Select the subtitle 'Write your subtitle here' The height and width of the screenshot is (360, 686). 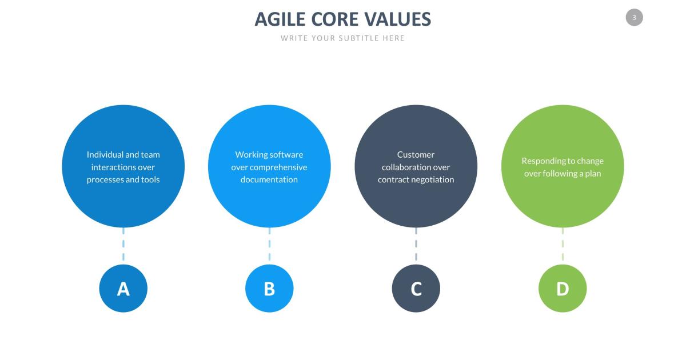[x=342, y=38]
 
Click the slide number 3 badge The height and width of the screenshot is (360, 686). [x=634, y=18]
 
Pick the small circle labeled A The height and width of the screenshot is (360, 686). [x=123, y=289]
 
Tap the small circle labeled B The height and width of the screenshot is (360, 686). [x=269, y=289]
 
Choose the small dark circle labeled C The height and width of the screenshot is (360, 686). [x=416, y=289]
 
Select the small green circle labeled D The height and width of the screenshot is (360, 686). [x=563, y=289]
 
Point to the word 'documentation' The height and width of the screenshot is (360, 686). [x=269, y=179]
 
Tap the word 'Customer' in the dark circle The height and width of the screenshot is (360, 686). [x=416, y=154]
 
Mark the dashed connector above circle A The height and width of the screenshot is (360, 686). [x=123, y=245]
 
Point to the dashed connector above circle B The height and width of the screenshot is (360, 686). [x=269, y=245]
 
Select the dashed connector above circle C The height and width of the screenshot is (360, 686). [x=416, y=245]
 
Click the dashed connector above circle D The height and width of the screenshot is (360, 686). [x=563, y=245]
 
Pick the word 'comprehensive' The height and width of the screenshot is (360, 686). [x=278, y=167]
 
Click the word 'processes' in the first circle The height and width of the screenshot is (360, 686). [x=105, y=179]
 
